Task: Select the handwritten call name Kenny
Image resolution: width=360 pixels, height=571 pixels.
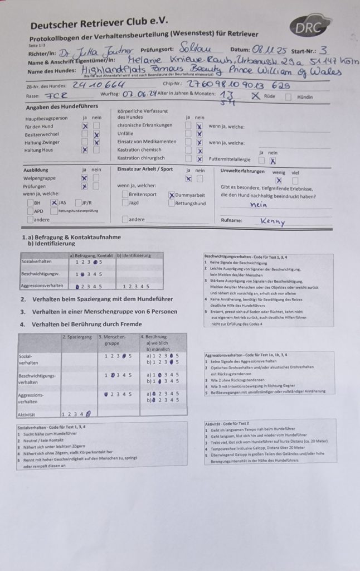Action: point(273,222)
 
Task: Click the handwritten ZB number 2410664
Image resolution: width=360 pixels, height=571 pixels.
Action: point(95,85)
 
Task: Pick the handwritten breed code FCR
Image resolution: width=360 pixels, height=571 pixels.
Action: point(57,95)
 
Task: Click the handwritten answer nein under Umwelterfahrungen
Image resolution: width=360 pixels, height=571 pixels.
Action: point(260,205)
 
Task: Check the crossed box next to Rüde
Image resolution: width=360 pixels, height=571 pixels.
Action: point(255,95)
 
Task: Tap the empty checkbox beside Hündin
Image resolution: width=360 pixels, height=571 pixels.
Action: point(288,96)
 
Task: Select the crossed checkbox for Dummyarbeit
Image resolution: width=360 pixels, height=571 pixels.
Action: point(172,195)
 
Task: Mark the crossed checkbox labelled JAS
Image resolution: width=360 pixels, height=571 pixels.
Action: point(54,203)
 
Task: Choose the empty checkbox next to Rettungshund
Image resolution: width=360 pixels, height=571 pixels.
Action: point(171,204)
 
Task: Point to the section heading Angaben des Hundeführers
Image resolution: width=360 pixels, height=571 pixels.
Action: point(62,107)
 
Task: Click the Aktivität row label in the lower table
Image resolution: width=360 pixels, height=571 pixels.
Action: point(28,414)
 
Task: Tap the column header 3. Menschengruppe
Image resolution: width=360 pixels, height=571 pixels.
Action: point(113,340)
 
